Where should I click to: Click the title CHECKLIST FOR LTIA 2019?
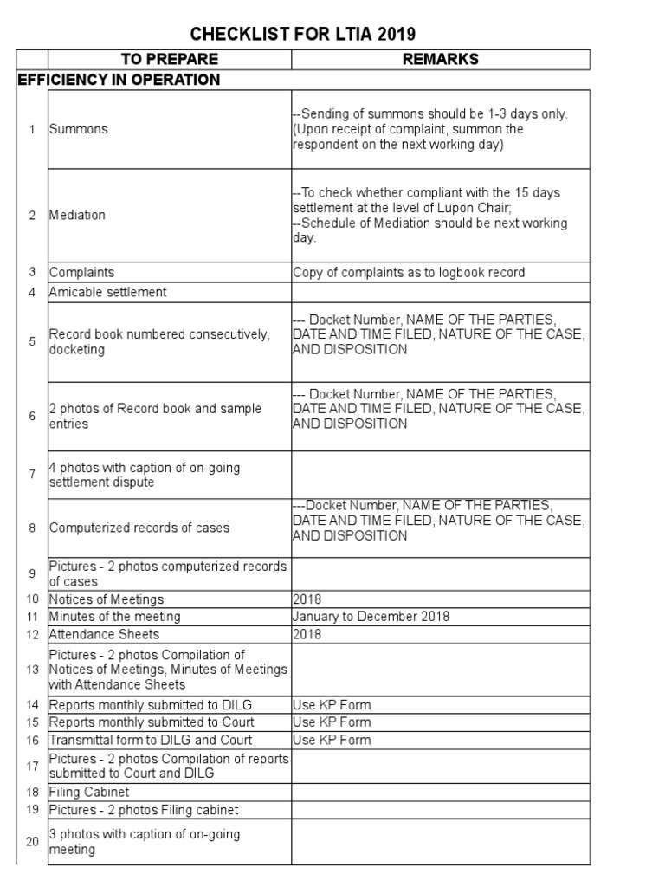[x=303, y=35]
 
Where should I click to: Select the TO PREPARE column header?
[x=170, y=59]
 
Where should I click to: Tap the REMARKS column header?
[x=440, y=59]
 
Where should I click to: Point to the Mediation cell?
[x=77, y=215]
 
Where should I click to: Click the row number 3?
[x=32, y=272]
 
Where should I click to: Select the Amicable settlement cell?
[x=107, y=292]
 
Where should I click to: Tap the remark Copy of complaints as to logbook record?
[x=409, y=272]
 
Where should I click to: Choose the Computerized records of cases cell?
[x=139, y=528]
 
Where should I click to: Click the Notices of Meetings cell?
[x=106, y=599]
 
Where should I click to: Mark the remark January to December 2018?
[x=371, y=617]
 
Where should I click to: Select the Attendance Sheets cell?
[x=104, y=634]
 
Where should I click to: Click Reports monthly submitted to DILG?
[x=150, y=705]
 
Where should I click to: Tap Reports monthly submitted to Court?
[x=151, y=722]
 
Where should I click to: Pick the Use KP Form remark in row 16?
[x=331, y=740]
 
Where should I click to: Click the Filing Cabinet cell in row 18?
[x=89, y=792]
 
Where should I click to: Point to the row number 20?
[x=32, y=842]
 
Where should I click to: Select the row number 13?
[x=32, y=670]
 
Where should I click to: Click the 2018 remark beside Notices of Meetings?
[x=307, y=599]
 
